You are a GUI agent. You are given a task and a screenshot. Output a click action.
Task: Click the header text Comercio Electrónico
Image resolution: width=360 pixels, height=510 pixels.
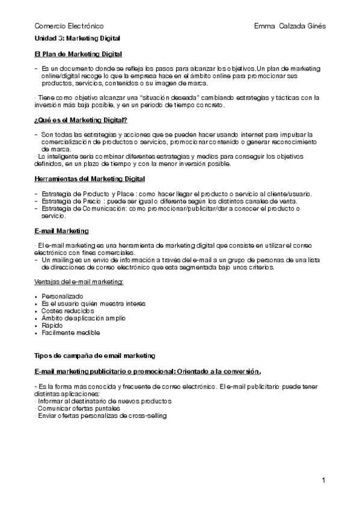coord(69,26)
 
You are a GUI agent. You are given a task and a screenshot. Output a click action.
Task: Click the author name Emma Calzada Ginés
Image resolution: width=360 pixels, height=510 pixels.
coord(290,26)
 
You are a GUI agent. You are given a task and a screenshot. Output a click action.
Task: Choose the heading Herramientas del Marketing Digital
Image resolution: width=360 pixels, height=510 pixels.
coord(90,179)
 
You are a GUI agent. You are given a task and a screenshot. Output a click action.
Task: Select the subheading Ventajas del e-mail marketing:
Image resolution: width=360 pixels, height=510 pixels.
coord(79,281)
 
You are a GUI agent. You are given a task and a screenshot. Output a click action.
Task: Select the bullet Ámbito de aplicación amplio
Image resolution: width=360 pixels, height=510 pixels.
coord(84,318)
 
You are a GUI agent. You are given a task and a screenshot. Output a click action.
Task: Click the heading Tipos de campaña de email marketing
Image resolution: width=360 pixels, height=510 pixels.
coord(95,355)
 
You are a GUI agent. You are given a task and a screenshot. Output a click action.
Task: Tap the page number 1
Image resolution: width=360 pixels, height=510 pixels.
coord(323,480)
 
